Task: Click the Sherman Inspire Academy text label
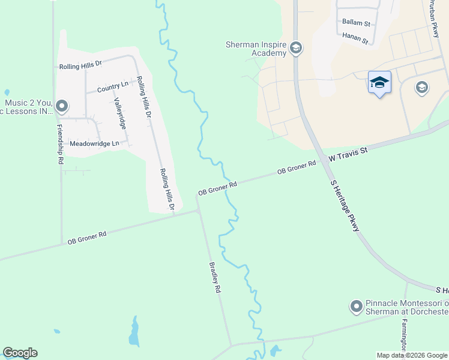[256, 49]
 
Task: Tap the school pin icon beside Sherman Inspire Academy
[295, 48]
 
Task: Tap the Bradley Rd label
[215, 276]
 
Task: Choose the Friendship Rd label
[59, 144]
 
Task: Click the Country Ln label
[113, 88]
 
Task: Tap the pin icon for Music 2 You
[61, 107]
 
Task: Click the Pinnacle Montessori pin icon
[356, 307]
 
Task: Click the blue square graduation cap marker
[379, 82]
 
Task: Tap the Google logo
[20, 353]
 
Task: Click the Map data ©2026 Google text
[412, 355]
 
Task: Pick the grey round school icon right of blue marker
[421, 88]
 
